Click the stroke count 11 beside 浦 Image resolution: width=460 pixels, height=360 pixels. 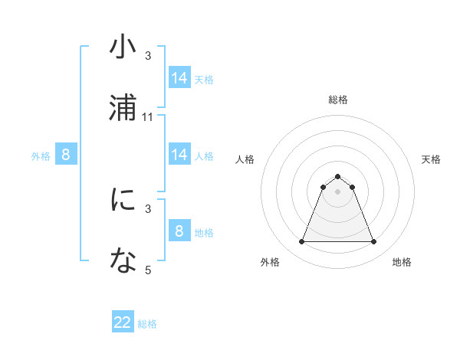pyautogui.click(x=148, y=117)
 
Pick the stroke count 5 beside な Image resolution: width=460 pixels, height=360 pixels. pyautogui.click(x=148, y=270)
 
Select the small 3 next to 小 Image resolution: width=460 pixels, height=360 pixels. pyautogui.click(x=148, y=56)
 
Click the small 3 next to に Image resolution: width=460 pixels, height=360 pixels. pyautogui.click(x=148, y=208)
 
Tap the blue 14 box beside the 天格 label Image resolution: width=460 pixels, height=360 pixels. pyautogui.click(x=179, y=78)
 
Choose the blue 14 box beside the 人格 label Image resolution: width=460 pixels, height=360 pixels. pyautogui.click(x=179, y=155)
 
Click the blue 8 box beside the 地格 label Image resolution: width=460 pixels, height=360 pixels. pyautogui.click(x=179, y=231)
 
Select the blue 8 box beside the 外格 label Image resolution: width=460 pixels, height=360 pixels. pyautogui.click(x=66, y=155)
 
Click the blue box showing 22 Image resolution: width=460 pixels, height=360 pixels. pyautogui.click(x=123, y=322)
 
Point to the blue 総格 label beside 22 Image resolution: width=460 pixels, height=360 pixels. pyautogui.click(x=147, y=324)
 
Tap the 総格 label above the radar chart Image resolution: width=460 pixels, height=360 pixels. pyautogui.click(x=337, y=100)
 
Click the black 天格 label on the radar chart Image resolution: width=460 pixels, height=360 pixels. pyautogui.click(x=431, y=159)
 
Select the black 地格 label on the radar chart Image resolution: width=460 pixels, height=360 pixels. pyautogui.click(x=402, y=262)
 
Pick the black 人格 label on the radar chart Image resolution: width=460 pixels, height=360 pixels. pyautogui.click(x=245, y=159)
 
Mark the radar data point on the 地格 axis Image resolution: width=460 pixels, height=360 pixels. pyautogui.click(x=373, y=242)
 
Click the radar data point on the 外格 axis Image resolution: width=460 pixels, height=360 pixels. pyautogui.click(x=301, y=242)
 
